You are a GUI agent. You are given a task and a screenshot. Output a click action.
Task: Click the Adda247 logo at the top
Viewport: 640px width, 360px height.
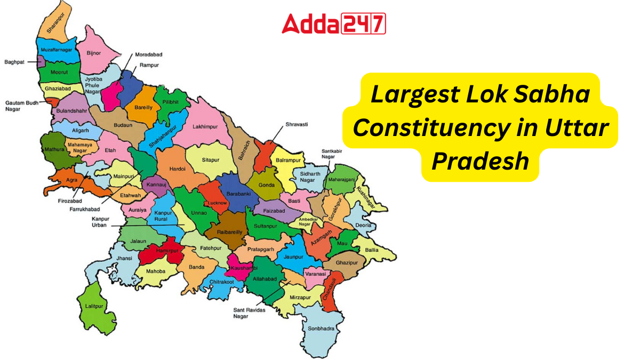coord(333,24)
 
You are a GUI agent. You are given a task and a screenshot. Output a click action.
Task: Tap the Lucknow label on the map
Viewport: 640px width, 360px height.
coord(218,203)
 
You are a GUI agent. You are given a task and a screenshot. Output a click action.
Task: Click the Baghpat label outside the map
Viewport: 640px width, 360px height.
coord(14,62)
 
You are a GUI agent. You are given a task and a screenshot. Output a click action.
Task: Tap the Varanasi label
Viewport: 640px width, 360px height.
coord(315,274)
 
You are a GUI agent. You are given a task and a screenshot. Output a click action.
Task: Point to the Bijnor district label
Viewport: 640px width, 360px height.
coord(94,54)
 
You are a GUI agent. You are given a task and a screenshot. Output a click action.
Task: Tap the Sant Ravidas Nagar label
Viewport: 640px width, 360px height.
coord(247,313)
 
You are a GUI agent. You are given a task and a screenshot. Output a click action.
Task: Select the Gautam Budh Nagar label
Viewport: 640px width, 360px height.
coord(20,106)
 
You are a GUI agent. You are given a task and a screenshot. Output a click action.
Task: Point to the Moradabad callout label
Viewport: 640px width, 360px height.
coord(149,55)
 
